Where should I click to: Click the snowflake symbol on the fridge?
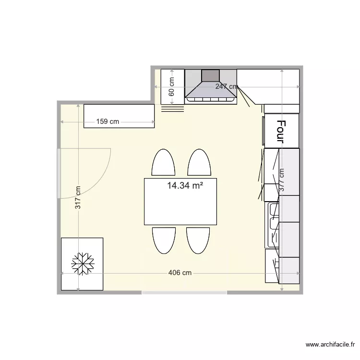(83, 264)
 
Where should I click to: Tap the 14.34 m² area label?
(185, 186)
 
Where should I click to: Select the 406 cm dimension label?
(180, 273)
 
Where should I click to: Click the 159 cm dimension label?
(108, 121)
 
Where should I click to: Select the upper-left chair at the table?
(163, 163)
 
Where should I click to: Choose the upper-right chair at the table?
(199, 163)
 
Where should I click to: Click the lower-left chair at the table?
(164, 240)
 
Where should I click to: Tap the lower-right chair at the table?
(198, 240)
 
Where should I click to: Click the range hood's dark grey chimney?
(210, 75)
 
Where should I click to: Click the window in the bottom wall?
(184, 292)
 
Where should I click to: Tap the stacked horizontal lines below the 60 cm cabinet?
(173, 108)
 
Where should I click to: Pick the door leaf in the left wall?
(59, 173)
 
